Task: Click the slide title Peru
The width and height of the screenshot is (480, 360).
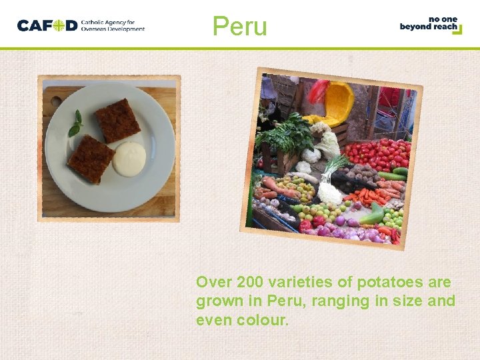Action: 239,26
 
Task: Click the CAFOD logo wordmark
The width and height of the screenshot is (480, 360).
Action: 47,26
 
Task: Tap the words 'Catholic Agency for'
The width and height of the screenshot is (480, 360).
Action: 107,22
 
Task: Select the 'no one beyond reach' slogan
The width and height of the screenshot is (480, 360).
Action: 430,24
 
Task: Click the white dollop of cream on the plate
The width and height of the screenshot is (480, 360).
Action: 129,159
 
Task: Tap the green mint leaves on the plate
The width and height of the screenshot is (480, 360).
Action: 76,124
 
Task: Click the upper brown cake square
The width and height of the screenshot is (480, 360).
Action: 117,120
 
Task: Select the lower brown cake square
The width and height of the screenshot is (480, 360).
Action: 91,159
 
